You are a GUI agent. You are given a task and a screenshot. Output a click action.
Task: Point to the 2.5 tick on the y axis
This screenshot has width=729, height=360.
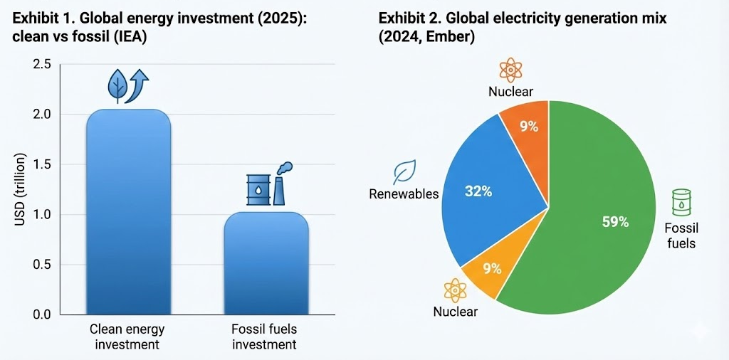41,65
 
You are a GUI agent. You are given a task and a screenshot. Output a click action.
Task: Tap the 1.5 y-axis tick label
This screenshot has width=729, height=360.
41,164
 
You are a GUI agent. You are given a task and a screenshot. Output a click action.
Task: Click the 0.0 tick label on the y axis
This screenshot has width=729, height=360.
41,314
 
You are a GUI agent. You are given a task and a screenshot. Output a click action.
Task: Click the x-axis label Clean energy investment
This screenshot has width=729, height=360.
129,337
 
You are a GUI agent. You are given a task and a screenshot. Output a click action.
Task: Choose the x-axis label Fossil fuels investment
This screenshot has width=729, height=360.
264,337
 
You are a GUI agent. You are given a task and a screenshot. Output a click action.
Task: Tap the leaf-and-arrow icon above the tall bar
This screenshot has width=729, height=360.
127,85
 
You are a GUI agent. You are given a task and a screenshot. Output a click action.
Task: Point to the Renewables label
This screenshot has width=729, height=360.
404,194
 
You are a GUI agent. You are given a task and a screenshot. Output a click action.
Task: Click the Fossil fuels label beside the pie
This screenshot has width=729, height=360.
681,235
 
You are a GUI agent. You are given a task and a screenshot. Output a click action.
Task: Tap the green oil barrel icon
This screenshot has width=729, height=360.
682,203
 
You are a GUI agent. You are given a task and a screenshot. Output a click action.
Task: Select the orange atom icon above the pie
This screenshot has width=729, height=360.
510,70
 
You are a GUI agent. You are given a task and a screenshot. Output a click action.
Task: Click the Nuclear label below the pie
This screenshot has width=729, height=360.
455,312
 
